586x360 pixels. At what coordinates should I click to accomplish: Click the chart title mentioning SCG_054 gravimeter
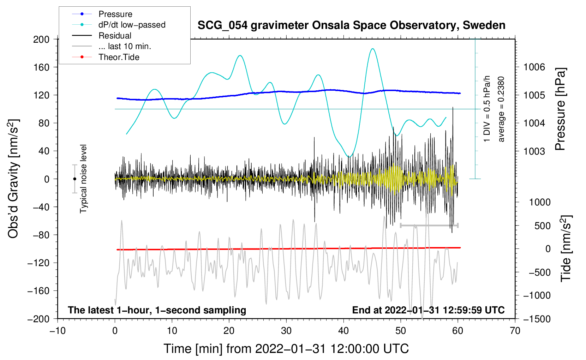point(351,25)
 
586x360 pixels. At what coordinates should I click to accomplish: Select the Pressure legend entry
point(102,14)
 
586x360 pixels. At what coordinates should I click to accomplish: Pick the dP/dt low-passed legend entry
point(119,25)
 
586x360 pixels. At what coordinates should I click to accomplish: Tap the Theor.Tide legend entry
point(106,57)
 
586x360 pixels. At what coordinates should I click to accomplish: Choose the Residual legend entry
point(102,36)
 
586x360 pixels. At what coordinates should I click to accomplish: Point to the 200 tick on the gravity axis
point(41,40)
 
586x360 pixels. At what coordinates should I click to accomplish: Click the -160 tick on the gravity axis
point(38,291)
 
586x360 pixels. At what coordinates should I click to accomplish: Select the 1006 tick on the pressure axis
point(534,67)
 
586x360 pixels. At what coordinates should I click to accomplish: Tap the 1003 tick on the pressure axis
point(534,151)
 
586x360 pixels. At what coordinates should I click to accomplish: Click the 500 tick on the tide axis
point(543,226)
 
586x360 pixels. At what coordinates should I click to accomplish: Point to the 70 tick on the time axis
point(515,331)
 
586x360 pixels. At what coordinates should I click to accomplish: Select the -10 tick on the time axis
point(58,331)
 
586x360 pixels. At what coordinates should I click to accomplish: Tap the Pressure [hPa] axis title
point(561,109)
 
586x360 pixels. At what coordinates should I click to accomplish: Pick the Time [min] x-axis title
point(286,349)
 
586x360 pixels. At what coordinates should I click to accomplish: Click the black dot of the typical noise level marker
point(74,179)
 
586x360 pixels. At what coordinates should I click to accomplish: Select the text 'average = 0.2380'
point(501,109)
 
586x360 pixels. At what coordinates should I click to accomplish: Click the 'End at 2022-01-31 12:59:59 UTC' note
point(428,310)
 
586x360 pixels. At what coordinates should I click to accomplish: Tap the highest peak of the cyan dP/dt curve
point(372,49)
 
